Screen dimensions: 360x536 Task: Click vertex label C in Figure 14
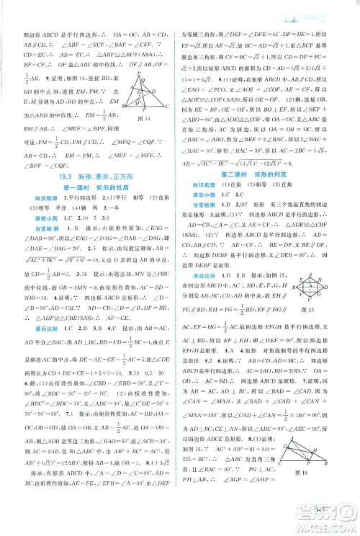pos(167,107)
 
